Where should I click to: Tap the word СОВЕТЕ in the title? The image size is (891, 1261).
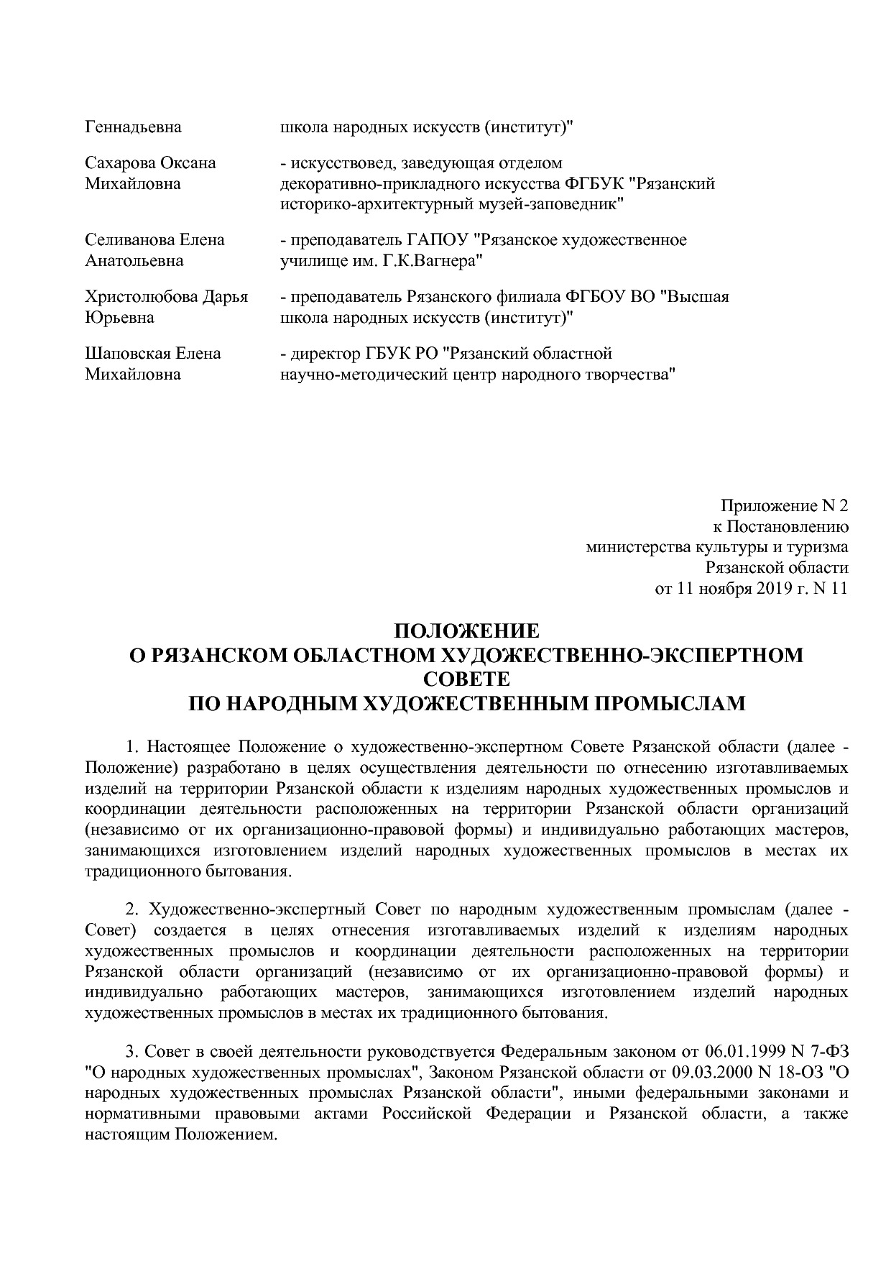point(466,679)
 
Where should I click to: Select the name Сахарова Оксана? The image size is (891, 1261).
point(150,162)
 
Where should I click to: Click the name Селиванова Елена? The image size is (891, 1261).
point(154,239)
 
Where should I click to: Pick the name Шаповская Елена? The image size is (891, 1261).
point(153,353)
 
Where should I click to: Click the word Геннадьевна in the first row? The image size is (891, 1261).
point(133,127)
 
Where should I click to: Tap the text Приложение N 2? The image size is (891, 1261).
point(784,505)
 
